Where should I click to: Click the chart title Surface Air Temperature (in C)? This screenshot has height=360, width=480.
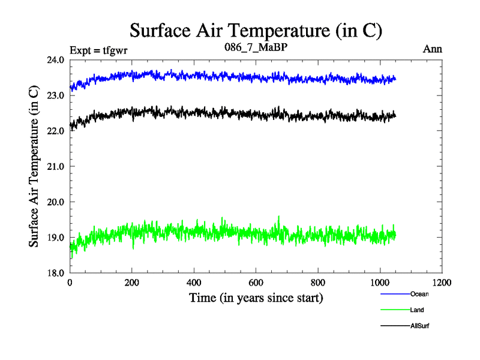pyautogui.click(x=256, y=30)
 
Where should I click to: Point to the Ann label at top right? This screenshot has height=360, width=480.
pyautogui.click(x=433, y=49)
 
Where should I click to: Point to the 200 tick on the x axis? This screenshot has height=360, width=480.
pyautogui.click(x=132, y=282)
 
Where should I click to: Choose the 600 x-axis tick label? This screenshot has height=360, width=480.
pyautogui.click(x=256, y=282)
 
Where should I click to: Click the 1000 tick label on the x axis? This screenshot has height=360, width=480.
pyautogui.click(x=380, y=282)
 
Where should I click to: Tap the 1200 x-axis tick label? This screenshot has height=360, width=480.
pyautogui.click(x=442, y=282)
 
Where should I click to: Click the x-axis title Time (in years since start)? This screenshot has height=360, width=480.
pyautogui.click(x=256, y=297)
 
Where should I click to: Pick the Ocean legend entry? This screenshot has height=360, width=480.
pyautogui.click(x=419, y=294)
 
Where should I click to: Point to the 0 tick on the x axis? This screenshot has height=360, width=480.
pyautogui.click(x=70, y=282)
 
